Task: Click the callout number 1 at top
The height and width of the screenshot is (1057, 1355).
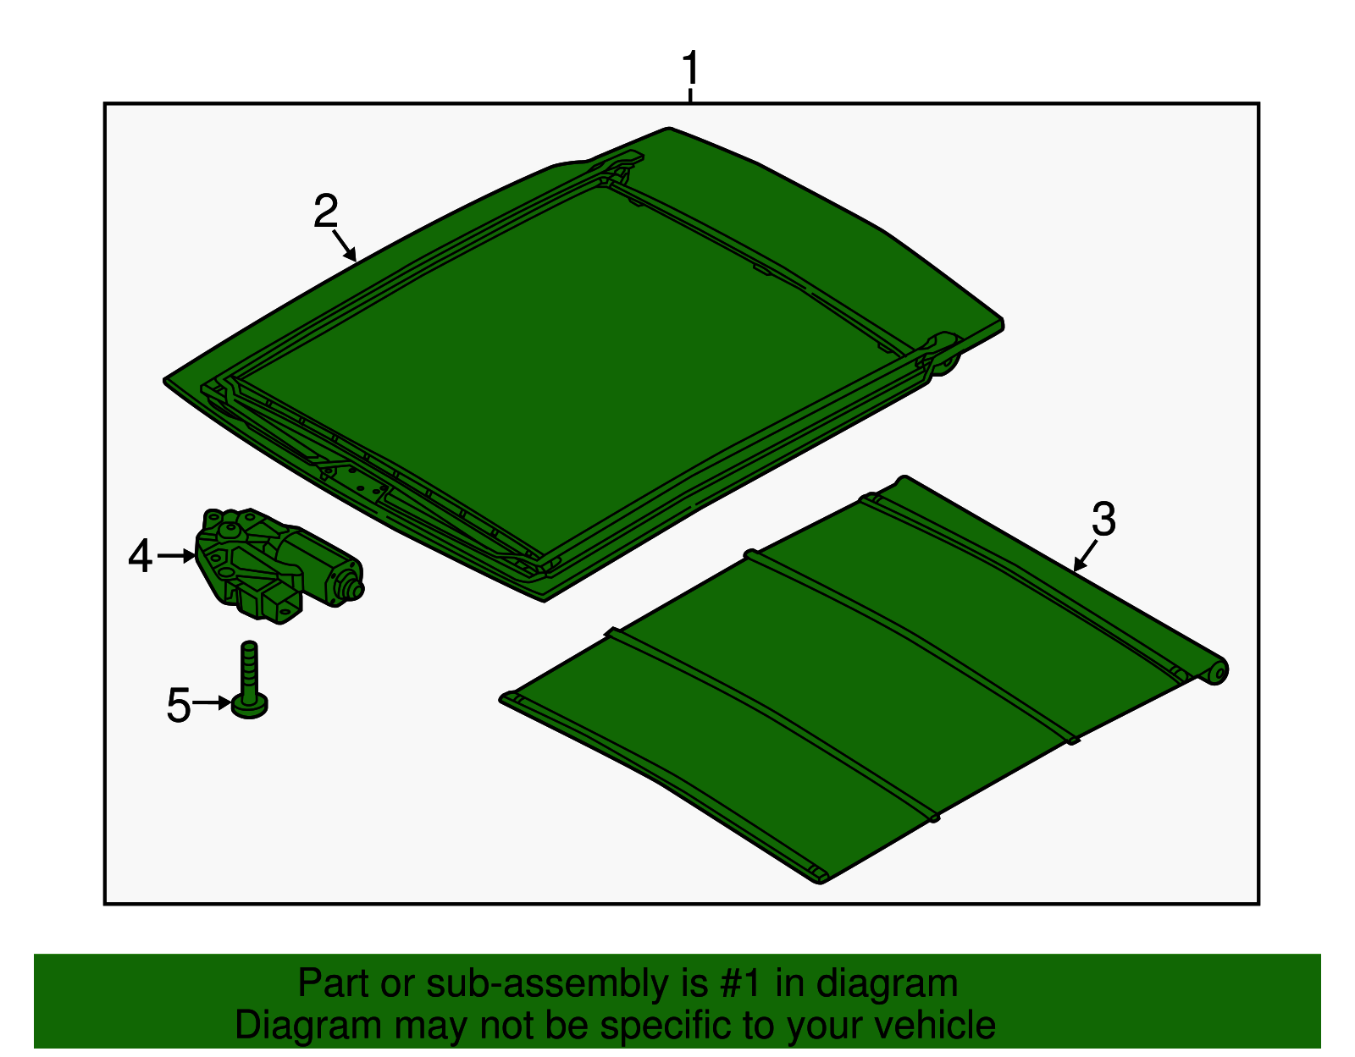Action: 691,69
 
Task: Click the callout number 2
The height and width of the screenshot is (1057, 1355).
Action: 325,212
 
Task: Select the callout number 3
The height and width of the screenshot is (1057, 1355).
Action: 1103,520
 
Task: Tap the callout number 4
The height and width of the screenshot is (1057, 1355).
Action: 141,557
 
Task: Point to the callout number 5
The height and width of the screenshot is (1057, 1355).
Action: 178,705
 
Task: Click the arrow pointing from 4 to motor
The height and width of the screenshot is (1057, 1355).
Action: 177,556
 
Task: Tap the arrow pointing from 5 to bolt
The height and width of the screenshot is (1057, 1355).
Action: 212,702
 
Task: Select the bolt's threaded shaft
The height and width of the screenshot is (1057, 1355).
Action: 248,669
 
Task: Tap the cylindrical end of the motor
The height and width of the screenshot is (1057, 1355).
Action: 346,585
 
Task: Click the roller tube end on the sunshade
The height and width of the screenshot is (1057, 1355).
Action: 1217,672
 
